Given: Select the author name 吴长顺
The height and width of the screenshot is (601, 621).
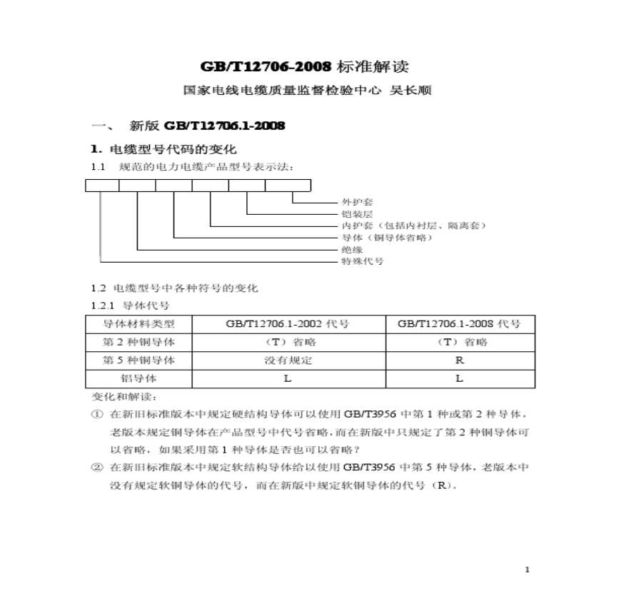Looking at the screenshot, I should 410,91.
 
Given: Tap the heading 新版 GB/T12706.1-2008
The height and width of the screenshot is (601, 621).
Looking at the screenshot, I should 207,126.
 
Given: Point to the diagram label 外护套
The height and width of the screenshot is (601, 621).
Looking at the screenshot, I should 358,203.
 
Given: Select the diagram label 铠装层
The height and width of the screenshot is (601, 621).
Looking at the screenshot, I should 358,214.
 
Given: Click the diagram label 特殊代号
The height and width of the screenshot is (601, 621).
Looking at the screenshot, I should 363,261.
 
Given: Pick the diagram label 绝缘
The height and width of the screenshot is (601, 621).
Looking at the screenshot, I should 353,250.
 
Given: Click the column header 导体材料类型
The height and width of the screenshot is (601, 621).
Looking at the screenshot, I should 139,323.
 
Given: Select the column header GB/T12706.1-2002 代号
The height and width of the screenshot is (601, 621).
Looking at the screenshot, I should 288,323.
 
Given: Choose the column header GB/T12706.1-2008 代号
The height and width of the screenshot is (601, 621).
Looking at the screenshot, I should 459,323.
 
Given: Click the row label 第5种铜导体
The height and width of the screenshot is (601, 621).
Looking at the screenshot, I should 139,360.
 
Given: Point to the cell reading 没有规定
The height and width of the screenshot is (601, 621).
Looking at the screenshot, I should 288,360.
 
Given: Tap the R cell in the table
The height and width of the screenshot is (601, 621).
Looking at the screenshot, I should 460,360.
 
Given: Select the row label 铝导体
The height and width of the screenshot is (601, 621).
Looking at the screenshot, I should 139,378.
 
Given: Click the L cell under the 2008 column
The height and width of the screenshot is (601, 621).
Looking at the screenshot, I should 460,378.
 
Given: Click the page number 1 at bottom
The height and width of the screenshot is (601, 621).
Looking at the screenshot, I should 527,569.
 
